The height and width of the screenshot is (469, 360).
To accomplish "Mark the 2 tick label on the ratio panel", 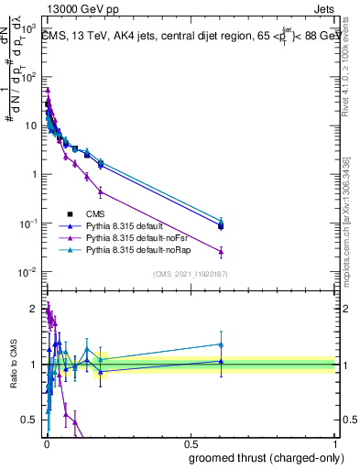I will (35, 309).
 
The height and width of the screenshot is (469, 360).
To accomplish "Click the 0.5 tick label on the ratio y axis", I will (30, 420).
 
